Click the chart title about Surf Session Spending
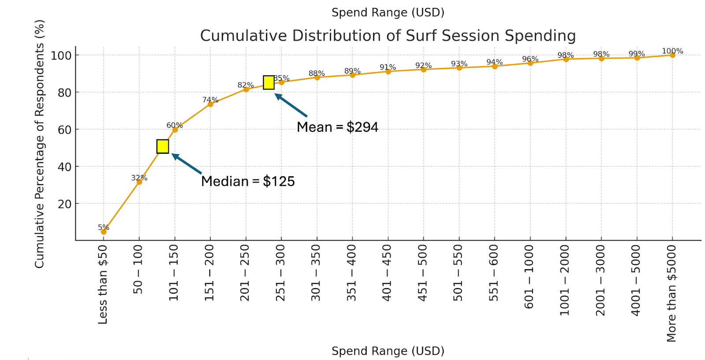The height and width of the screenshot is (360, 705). click(x=388, y=36)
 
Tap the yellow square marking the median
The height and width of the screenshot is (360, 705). click(x=163, y=146)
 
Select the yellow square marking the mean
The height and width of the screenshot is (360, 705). click(x=269, y=82)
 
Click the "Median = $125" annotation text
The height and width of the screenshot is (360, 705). click(x=248, y=181)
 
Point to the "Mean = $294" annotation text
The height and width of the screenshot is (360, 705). click(x=338, y=127)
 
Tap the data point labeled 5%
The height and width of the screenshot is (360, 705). click(x=104, y=231)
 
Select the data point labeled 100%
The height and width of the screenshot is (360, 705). click(x=672, y=55)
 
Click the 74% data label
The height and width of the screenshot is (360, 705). click(x=210, y=100)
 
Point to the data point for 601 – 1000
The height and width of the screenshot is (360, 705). click(x=530, y=63)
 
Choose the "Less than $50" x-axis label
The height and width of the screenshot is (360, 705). click(x=103, y=285)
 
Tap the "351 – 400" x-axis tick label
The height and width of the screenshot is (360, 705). click(x=352, y=273)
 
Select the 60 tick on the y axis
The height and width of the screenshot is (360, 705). click(x=64, y=130)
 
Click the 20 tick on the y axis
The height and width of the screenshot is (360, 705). click(x=64, y=204)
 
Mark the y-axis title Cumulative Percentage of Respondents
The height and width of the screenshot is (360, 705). click(x=40, y=144)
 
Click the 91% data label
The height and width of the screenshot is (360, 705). click(x=388, y=67)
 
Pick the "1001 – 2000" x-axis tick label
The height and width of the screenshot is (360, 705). click(x=565, y=281)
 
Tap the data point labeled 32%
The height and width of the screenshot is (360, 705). click(x=139, y=182)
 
